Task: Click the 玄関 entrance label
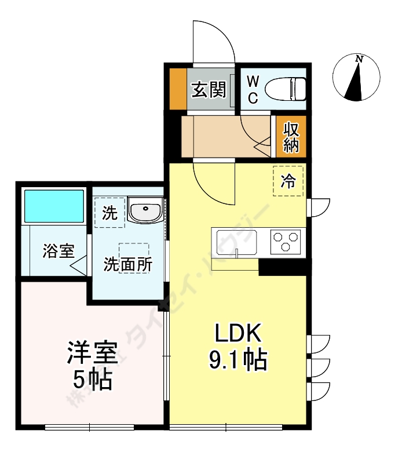pyautogui.click(x=209, y=90)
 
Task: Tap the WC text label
pyautogui.click(x=253, y=89)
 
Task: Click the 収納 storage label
pyautogui.click(x=291, y=137)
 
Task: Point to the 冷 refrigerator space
pyautogui.click(x=288, y=182)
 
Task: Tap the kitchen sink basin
pyautogui.click(x=237, y=242)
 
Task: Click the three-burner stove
pyautogui.click(x=286, y=241)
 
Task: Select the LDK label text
pyautogui.click(x=239, y=334)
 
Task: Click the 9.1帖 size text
pyautogui.click(x=238, y=360)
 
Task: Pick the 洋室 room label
pyautogui.click(x=93, y=353)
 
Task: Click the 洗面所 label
pyautogui.click(x=128, y=264)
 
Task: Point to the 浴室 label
pyautogui.click(x=58, y=251)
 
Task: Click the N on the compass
pyautogui.click(x=359, y=59)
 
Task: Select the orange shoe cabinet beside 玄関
pyautogui.click(x=178, y=89)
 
